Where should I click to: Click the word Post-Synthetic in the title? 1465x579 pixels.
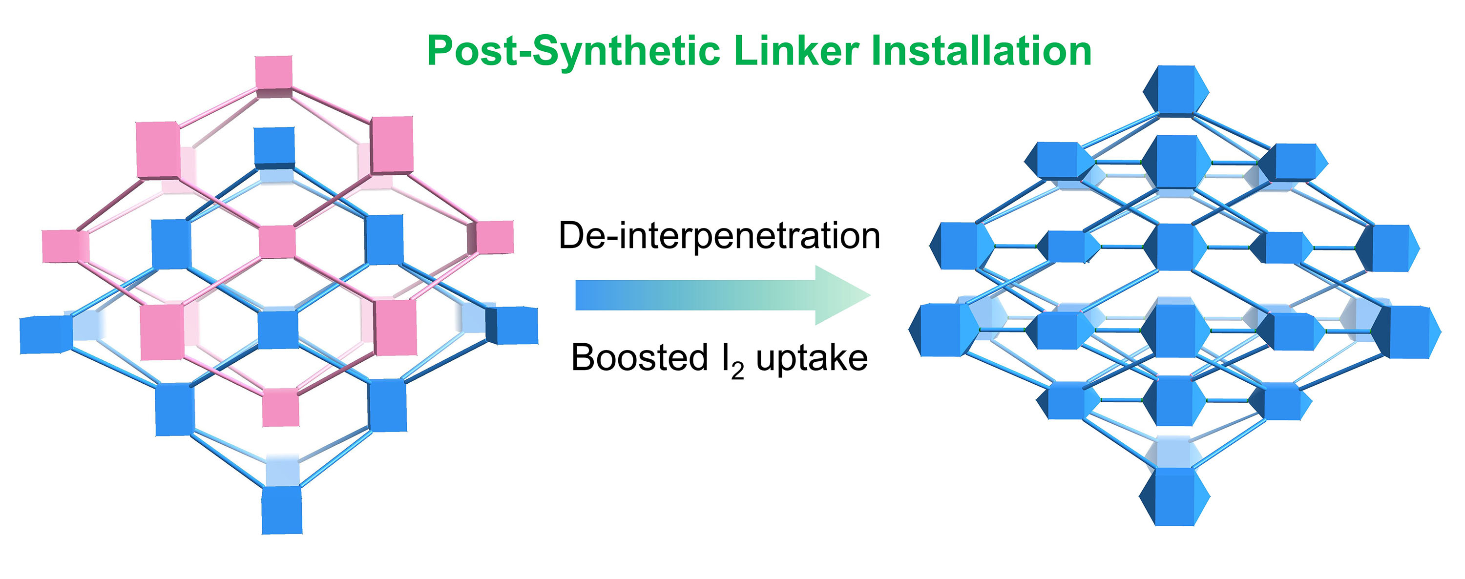coord(575,52)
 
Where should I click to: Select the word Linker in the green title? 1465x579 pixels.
coord(796,51)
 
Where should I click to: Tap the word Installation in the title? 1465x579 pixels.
coord(981,51)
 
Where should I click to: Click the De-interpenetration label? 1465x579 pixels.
coord(719,235)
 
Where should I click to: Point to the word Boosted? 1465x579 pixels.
coord(639,358)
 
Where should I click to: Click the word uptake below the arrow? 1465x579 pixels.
coord(812,359)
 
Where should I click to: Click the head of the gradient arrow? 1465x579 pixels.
coord(842,294)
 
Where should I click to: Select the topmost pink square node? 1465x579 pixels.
coord(273,73)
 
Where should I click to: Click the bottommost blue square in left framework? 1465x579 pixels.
coord(281,510)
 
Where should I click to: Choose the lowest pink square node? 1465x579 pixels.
coord(280,407)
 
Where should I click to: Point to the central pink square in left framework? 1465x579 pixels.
coord(277,242)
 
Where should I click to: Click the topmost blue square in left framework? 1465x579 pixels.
coord(274,145)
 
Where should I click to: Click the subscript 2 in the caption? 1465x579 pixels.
coord(737,371)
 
